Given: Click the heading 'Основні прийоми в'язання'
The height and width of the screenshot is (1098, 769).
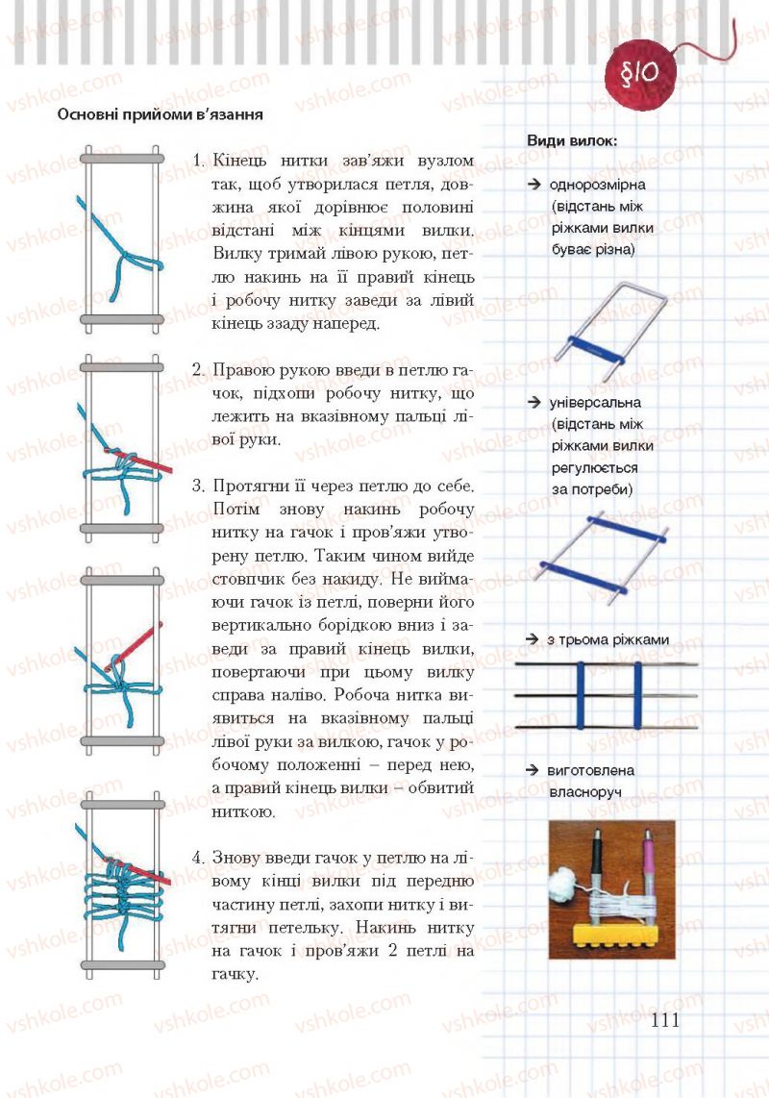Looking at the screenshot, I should pyautogui.click(x=161, y=115).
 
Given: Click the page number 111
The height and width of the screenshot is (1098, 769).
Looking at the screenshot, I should pyautogui.click(x=664, y=1019).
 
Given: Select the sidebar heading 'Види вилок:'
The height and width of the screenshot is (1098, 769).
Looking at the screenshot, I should pyautogui.click(x=572, y=140).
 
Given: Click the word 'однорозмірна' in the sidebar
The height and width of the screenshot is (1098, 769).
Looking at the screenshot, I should pyautogui.click(x=598, y=184).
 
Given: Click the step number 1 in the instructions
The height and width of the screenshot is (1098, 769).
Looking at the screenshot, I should pyautogui.click(x=197, y=160).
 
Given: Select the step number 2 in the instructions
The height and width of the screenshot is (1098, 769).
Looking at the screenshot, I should pyautogui.click(x=196, y=369).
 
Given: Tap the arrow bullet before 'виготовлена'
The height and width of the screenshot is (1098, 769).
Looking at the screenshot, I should pyautogui.click(x=531, y=771).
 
